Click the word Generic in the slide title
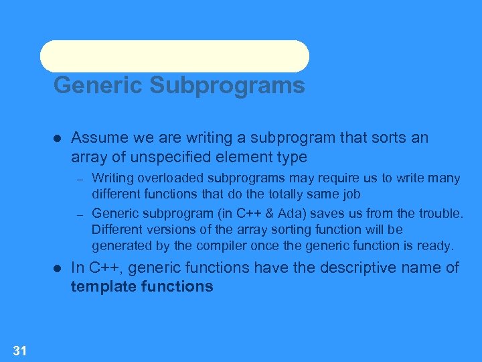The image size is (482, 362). coord(98,86)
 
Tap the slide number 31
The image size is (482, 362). coord(19,349)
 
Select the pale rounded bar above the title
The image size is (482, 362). coord(174,56)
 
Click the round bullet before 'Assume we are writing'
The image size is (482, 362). coord(58,139)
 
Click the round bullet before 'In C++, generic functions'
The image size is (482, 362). coord(58,268)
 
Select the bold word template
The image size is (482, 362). coord(105,287)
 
